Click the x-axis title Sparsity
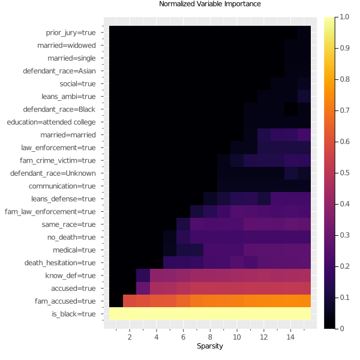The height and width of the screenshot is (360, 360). coord(210,347)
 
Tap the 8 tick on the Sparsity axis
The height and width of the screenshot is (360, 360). coord(210,337)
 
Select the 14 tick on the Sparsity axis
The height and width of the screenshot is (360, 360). coord(290,337)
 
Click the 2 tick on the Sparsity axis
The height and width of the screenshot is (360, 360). coord(130,337)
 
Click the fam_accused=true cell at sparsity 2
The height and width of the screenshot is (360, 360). coord(130,301)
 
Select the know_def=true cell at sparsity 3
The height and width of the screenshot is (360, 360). coord(143,275)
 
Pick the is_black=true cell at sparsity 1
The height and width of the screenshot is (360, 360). coord(116,314)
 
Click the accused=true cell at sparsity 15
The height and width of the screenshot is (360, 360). coord(304,288)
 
